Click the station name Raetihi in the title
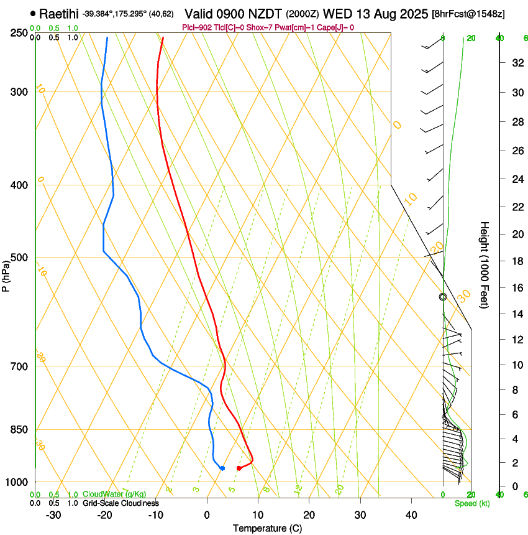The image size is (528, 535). (60, 13)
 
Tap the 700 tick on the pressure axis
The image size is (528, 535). (19, 366)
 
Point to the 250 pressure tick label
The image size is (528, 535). (19, 33)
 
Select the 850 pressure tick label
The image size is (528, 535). (19, 430)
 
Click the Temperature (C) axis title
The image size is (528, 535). (267, 528)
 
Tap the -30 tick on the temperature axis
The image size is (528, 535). (53, 515)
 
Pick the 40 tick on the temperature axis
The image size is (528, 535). (411, 515)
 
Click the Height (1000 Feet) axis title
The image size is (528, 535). (485, 265)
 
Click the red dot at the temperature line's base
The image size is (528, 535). (239, 468)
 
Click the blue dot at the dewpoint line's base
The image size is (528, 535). (222, 468)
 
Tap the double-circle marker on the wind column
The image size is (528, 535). (443, 297)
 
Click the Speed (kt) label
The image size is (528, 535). (471, 503)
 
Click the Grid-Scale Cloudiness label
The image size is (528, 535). (121, 503)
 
